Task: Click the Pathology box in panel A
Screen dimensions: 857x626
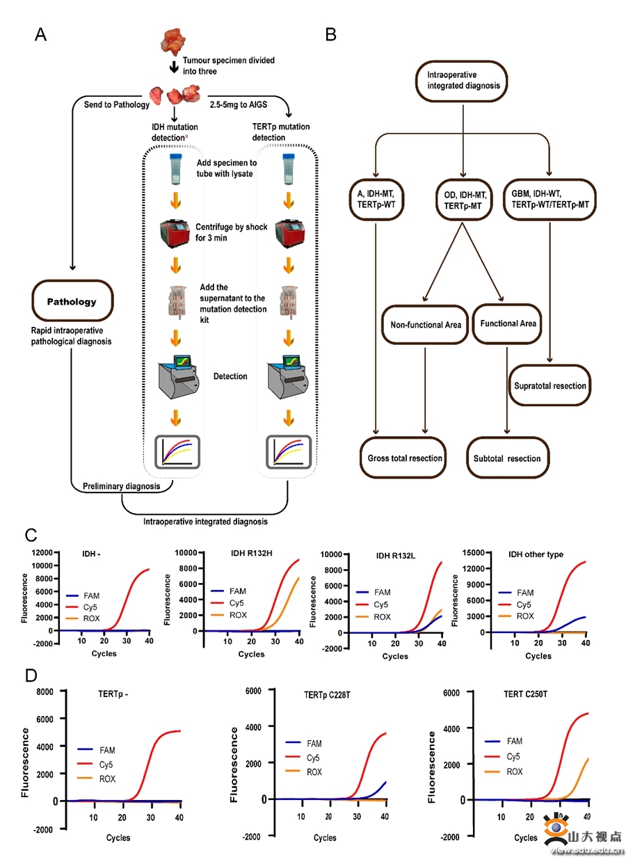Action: pos(72,303)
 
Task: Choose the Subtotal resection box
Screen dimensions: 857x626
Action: pos(507,458)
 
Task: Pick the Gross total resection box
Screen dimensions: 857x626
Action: pos(405,458)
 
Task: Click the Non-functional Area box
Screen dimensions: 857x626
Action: pos(425,324)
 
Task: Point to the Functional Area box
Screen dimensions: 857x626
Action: pos(508,323)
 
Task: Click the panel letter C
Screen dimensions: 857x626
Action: pos(31,536)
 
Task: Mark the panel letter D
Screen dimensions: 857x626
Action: pos(31,676)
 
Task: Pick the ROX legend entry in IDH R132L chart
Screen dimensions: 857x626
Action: pos(382,617)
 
